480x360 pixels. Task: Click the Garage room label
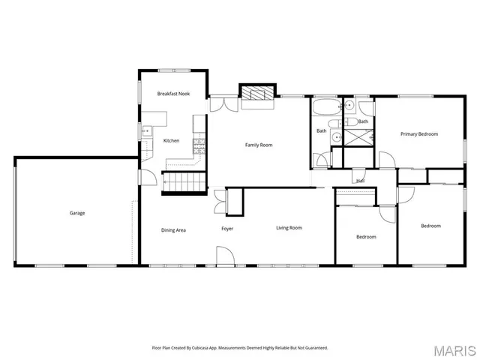pyautogui.click(x=77, y=213)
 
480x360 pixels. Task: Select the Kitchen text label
pyautogui.click(x=172, y=141)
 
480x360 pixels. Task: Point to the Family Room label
pyautogui.click(x=259, y=144)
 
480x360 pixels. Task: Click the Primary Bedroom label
pyautogui.click(x=418, y=134)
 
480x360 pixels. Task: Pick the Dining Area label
pyautogui.click(x=173, y=229)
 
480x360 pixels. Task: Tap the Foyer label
pyautogui.click(x=227, y=228)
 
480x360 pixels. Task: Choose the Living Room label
pyautogui.click(x=289, y=228)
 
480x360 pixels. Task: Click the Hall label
pyautogui.click(x=361, y=181)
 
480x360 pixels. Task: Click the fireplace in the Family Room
pyautogui.click(x=258, y=94)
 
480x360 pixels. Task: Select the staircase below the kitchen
pyautogui.click(x=185, y=182)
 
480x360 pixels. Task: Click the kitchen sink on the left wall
pyautogui.click(x=145, y=131)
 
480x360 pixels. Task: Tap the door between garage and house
pyautogui.click(x=147, y=179)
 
